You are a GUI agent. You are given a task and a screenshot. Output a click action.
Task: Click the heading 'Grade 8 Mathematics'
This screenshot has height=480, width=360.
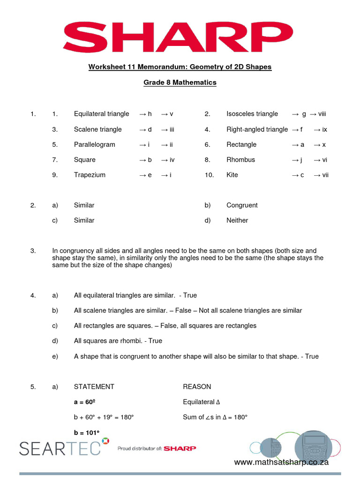tap(180, 82)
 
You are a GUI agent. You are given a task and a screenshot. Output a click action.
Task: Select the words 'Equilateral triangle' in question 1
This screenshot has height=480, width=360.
tap(101, 114)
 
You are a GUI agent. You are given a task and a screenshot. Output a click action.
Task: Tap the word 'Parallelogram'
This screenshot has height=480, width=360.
tap(94, 144)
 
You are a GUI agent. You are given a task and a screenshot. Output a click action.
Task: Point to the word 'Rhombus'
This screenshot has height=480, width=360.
tap(240, 160)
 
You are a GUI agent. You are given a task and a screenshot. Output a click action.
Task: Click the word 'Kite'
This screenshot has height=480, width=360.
tap(232, 175)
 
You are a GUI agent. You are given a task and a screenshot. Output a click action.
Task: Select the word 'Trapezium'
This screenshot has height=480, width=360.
tap(90, 175)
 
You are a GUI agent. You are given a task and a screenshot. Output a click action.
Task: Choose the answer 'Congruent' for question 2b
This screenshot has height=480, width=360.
tap(242, 205)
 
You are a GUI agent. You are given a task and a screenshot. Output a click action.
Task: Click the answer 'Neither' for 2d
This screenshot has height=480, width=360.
tap(237, 220)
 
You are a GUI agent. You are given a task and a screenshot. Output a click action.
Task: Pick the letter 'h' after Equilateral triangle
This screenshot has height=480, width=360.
tap(150, 114)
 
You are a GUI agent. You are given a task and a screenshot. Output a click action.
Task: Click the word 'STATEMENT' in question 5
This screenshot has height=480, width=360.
tap(94, 387)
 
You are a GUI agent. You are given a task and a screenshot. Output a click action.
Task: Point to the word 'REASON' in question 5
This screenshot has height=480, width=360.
tap(197, 387)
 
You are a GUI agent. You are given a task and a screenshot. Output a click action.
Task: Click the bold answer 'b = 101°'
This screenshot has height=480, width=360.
tap(87, 433)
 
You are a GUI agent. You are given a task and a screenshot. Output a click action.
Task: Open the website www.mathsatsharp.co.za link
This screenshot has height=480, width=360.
tap(281, 462)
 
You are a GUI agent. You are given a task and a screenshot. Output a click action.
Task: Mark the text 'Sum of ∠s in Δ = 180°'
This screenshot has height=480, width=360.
tap(215, 417)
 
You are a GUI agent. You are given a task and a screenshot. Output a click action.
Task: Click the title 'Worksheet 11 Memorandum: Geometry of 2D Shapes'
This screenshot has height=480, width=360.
tap(180, 67)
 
